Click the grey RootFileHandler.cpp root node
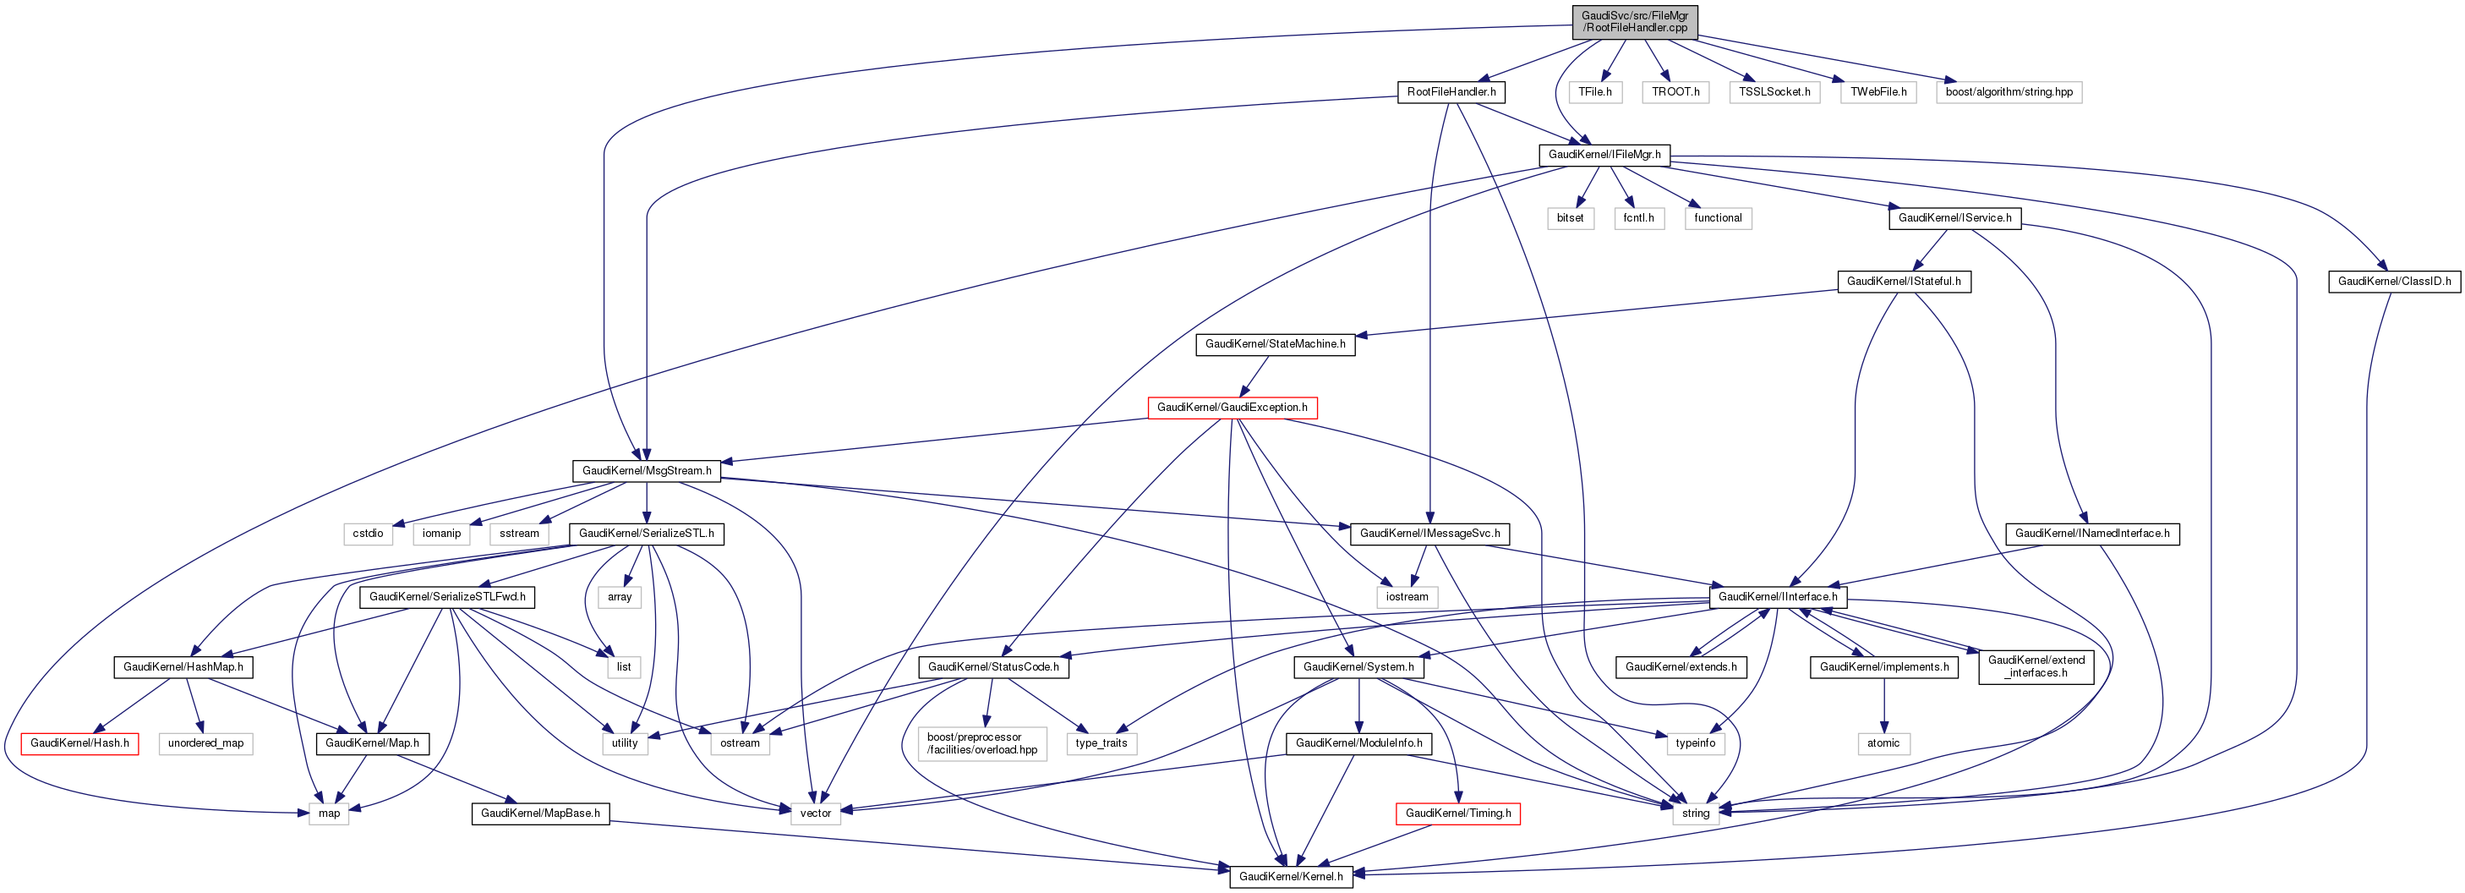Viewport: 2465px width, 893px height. click(x=1634, y=22)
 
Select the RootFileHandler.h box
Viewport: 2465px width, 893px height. click(x=1451, y=92)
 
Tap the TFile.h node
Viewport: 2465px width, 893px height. click(x=1594, y=92)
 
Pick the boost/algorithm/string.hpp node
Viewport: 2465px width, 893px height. click(x=2009, y=92)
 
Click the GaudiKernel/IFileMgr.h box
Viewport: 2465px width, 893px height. click(x=1604, y=154)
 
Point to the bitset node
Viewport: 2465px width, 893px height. click(x=1569, y=218)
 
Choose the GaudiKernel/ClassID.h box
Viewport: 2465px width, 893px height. click(x=2393, y=282)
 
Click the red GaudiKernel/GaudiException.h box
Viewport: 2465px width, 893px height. click(x=1232, y=408)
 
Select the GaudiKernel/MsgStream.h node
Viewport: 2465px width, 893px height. click(x=646, y=471)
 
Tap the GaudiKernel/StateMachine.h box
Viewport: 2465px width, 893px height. click(x=1275, y=343)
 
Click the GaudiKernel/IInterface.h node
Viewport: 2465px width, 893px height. click(x=1777, y=597)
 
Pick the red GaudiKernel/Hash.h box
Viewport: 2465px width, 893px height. click(x=79, y=743)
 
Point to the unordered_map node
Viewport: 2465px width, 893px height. click(x=205, y=743)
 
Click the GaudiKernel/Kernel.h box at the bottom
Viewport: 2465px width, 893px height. click(x=1290, y=877)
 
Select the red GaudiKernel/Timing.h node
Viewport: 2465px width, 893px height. click(x=1457, y=814)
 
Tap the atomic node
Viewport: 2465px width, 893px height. click(x=1883, y=743)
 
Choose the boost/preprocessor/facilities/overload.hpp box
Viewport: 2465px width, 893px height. click(x=981, y=743)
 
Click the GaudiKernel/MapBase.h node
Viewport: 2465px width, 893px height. click(x=539, y=814)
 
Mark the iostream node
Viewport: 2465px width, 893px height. click(x=1407, y=597)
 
